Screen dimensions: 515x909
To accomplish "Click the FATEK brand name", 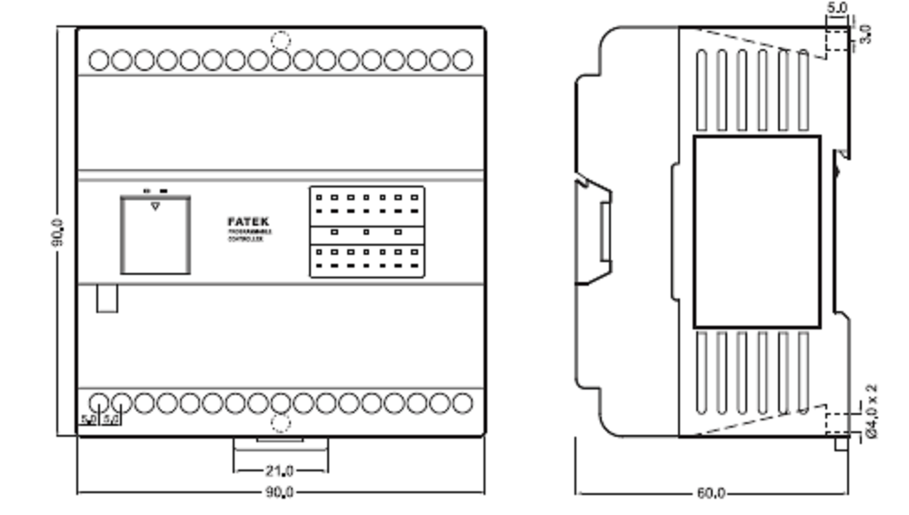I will (x=248, y=221).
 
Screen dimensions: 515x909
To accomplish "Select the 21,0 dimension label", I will (x=279, y=470).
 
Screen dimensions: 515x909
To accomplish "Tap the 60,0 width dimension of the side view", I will (x=711, y=493).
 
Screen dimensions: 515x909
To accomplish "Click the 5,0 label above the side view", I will (x=836, y=8).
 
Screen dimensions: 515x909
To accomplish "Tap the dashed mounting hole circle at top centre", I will (x=281, y=40).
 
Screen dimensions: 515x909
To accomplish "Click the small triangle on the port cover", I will (x=155, y=207).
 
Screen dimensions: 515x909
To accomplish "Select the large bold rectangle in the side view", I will (x=756, y=232).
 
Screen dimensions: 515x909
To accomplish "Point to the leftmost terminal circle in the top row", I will (x=100, y=61).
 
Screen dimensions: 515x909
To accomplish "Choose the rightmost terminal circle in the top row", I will (x=462, y=61).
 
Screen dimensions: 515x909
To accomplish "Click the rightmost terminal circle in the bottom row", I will (x=462, y=402).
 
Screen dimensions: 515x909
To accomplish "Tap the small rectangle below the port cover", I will (x=107, y=298).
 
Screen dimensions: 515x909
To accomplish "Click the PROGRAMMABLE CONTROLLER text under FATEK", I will (x=248, y=236).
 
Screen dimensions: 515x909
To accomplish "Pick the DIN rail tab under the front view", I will (x=280, y=445).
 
